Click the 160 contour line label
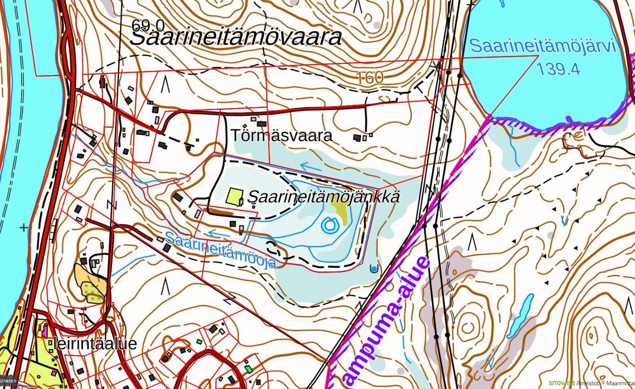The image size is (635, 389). point(370,78)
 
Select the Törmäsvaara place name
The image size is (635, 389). point(282,135)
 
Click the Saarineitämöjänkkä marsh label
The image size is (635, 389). point(324,196)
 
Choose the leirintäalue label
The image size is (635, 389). point(95,343)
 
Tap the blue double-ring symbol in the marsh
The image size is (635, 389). point(330,226)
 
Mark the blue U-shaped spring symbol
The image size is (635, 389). point(374,269)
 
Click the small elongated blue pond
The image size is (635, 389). point(520,316)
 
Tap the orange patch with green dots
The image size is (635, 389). point(90,283)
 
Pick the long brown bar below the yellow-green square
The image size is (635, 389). point(220,213)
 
